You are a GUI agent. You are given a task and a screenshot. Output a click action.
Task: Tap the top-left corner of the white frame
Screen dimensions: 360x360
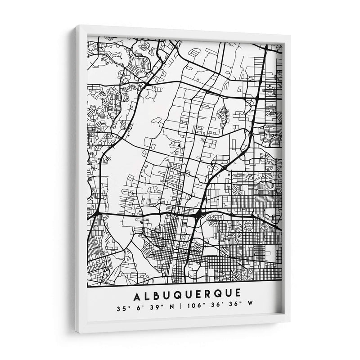77,27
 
